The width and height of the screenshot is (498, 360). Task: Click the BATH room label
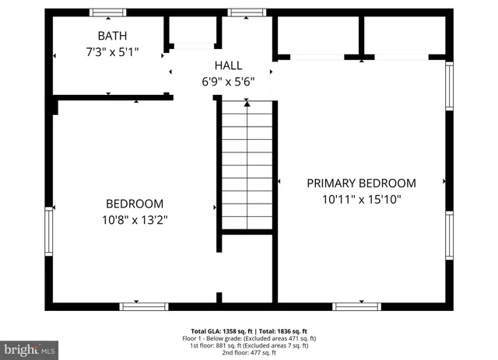coord(112,36)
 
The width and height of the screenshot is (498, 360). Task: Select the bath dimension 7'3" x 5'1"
coord(112,53)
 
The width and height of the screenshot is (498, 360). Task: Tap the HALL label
coord(228,65)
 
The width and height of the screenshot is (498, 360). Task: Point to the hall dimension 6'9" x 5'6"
coord(228,81)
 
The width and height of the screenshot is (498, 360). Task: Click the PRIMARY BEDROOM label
coord(361,183)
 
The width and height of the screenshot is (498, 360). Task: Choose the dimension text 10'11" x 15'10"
coord(361,199)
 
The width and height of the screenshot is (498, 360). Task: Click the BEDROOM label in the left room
coord(135,204)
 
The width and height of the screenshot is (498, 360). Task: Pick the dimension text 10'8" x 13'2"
coord(135,220)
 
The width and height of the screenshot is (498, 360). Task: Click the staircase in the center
coord(246,167)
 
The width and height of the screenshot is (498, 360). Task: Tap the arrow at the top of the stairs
coord(247,102)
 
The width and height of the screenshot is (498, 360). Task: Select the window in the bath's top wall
coord(108,12)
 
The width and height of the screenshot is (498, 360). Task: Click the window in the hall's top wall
coord(247,12)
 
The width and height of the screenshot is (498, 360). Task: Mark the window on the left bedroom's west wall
coord(50,233)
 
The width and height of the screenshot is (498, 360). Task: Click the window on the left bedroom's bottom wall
coord(143,306)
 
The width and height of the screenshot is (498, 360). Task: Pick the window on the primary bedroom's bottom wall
coord(357,306)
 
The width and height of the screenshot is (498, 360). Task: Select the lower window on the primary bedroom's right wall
coord(449,236)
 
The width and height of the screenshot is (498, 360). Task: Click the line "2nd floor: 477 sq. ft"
coord(249,353)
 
